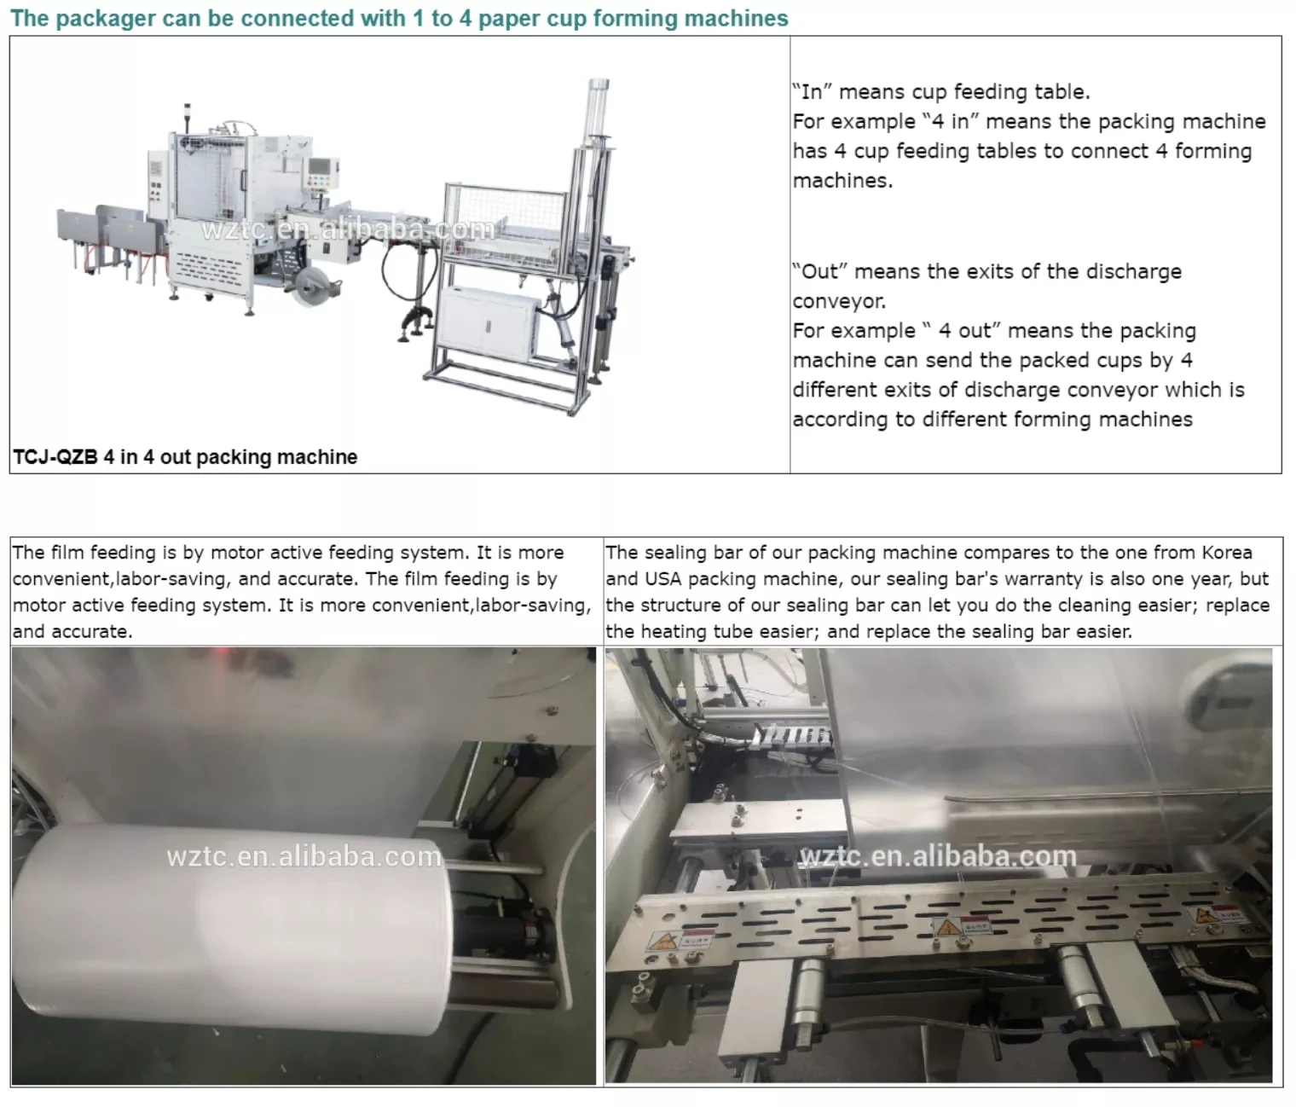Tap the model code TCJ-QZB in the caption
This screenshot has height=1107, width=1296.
(x=55, y=457)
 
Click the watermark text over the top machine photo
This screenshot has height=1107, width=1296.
(x=348, y=229)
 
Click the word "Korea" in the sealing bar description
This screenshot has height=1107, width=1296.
(x=1227, y=553)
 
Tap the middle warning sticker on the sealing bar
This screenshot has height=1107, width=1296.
(x=965, y=926)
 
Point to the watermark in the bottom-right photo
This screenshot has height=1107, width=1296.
(x=938, y=856)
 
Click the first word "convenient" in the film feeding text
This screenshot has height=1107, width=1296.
(x=61, y=579)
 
